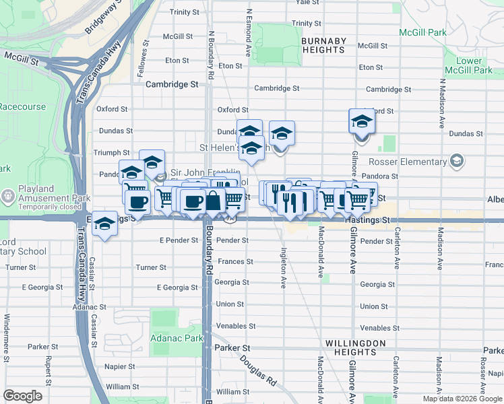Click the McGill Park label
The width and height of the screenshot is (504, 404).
(x=422, y=32)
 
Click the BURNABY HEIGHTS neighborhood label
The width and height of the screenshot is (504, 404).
(x=324, y=46)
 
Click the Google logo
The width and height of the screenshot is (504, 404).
(x=23, y=395)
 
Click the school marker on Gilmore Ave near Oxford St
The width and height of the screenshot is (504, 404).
(x=362, y=123)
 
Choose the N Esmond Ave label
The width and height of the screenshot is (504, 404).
(x=249, y=32)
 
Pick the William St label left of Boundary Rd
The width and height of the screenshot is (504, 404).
(x=122, y=386)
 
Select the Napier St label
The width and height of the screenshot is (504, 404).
(x=121, y=366)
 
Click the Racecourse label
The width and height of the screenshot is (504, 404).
(x=23, y=106)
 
